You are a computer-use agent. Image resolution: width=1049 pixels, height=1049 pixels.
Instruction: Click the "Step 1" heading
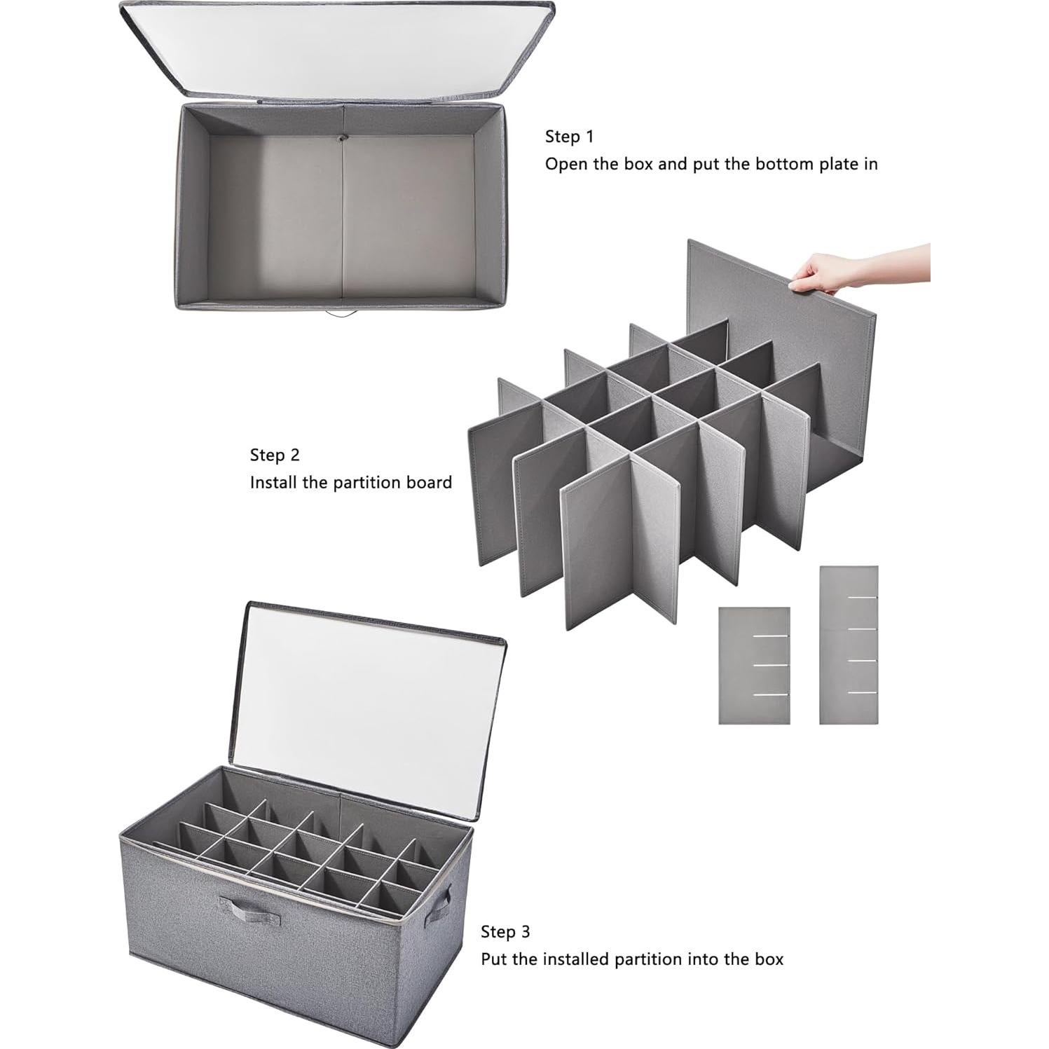(x=569, y=136)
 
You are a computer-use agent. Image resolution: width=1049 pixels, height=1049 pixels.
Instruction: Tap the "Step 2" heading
(x=275, y=455)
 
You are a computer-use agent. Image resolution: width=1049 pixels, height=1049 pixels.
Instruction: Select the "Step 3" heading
(x=505, y=931)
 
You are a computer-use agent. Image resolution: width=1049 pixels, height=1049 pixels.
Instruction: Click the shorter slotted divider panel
(x=754, y=665)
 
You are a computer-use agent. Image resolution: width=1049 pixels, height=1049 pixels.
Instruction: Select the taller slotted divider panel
(x=848, y=645)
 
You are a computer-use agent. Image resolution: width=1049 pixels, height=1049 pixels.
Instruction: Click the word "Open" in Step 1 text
(x=566, y=165)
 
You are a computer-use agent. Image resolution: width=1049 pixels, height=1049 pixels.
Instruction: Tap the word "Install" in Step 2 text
(x=273, y=483)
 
